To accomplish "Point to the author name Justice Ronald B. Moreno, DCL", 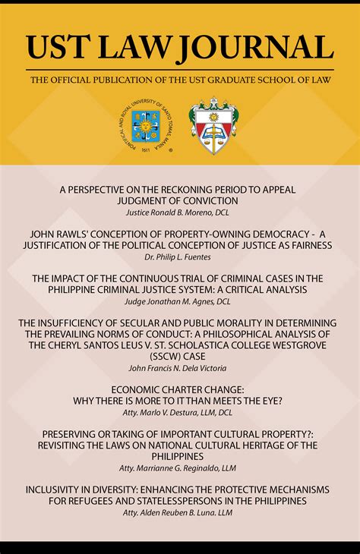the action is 179,212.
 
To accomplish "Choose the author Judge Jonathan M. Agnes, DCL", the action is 179,302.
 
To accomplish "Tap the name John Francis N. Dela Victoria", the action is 179,368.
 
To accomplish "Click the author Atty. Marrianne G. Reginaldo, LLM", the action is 179,468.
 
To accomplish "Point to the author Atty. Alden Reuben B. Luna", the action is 179,513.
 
